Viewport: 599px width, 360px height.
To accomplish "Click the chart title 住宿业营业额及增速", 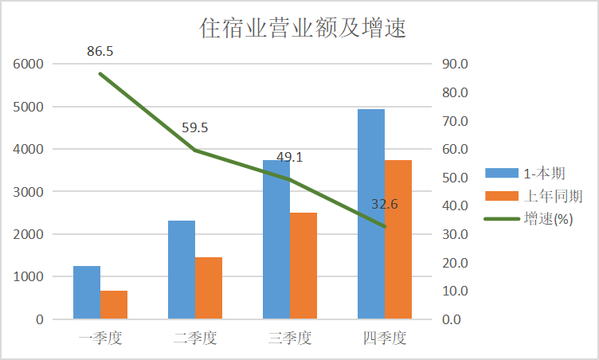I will click(302, 29).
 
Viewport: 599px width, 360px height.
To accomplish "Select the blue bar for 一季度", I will click(87, 292).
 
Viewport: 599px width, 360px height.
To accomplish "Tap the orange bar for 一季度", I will click(114, 305).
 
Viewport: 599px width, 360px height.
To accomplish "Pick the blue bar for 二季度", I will click(182, 270).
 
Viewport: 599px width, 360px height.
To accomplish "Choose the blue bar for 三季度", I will click(276, 240).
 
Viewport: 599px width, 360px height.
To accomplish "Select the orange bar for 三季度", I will click(303, 266).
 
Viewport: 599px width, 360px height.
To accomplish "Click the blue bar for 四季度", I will click(371, 214).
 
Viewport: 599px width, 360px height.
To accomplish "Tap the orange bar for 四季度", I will click(398, 240).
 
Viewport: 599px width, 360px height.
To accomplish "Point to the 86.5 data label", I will click(100, 52).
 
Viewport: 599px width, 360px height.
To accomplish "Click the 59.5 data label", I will click(194, 127).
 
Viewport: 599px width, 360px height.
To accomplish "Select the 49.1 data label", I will click(289, 158).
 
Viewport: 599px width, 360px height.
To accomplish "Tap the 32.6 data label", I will click(384, 205).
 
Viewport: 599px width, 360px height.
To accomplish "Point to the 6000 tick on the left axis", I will click(29, 65).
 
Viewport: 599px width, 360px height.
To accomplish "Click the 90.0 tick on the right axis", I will click(456, 65).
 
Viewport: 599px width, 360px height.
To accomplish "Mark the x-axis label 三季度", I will click(289, 338).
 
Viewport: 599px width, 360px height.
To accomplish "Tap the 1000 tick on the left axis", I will click(29, 277).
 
